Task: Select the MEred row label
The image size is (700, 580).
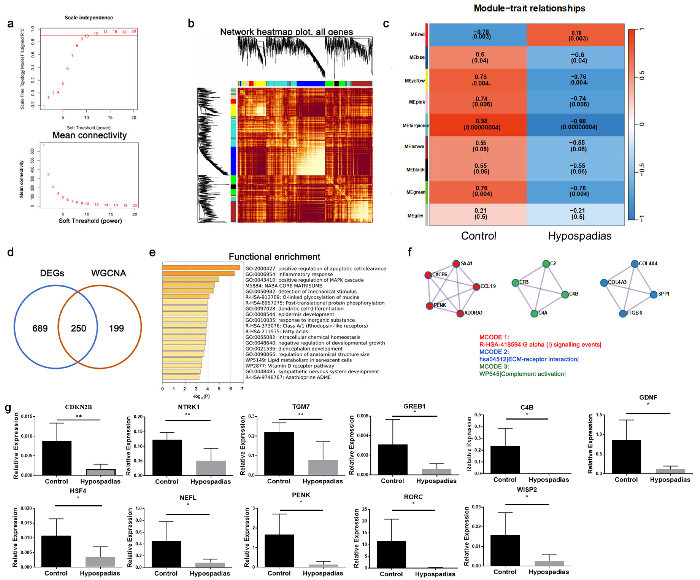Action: [417, 34]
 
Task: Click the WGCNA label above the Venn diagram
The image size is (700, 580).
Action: [109, 273]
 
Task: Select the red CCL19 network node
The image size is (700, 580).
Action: [476, 286]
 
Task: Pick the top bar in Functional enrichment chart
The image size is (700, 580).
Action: [201, 268]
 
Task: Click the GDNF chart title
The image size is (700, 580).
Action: [648, 398]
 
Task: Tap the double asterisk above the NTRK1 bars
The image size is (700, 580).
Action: [188, 415]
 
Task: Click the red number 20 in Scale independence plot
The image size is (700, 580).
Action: [134, 31]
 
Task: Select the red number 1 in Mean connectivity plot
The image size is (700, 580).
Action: [44, 145]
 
